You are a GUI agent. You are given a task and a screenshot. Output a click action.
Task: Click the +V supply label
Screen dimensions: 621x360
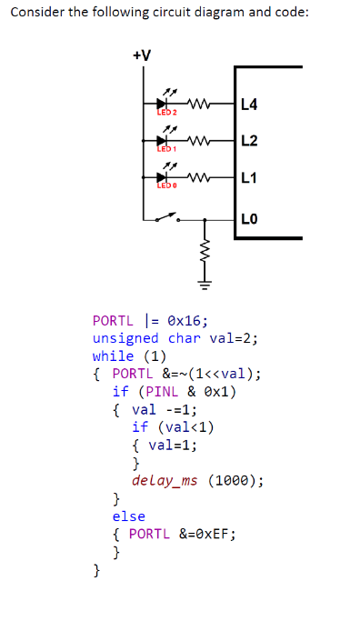[142, 55]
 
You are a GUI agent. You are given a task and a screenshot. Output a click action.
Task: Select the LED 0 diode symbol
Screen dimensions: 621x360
[166, 178]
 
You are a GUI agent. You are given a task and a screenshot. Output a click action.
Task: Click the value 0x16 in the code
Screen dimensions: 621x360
[189, 320]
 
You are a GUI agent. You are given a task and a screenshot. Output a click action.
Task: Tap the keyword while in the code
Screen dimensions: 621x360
[113, 356]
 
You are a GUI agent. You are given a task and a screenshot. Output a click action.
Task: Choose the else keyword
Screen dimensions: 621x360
[128, 516]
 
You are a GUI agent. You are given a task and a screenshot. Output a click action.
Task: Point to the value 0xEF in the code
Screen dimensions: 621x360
[215, 534]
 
